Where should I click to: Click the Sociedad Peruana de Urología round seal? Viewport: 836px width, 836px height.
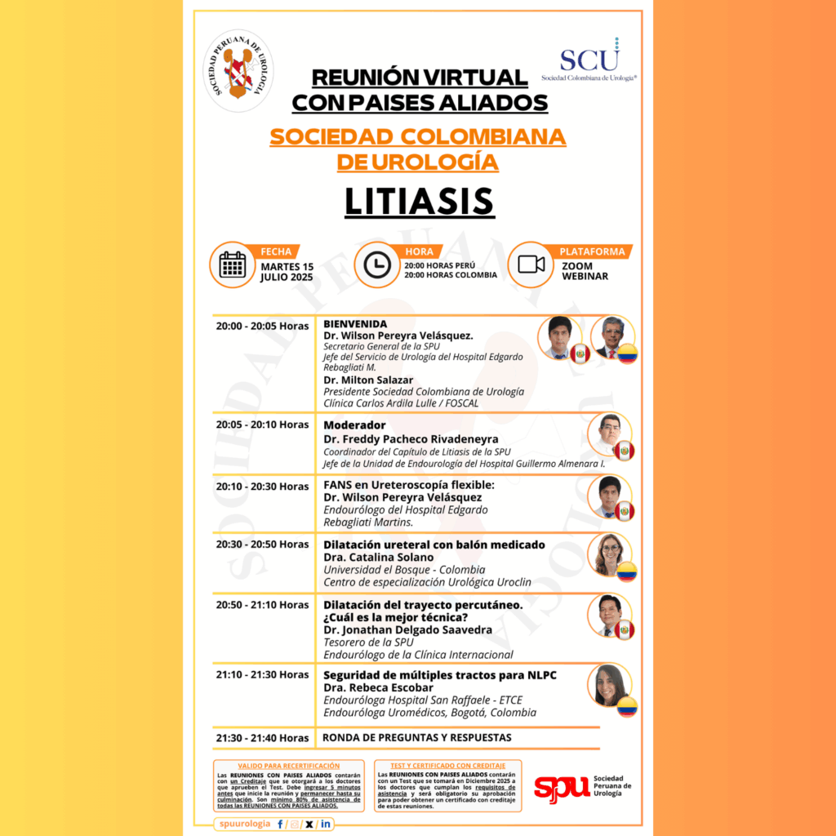[x=238, y=70]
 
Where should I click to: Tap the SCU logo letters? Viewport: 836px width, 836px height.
[x=589, y=60]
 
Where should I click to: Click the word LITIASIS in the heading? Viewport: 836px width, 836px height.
[x=418, y=202]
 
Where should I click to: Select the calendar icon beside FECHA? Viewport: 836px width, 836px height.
[x=233, y=265]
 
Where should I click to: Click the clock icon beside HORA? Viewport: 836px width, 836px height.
[x=376, y=265]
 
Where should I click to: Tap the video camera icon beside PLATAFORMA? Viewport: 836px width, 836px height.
[x=531, y=265]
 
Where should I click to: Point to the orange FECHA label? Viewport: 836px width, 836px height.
[x=275, y=251]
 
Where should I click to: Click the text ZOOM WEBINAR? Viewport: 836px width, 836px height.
[x=585, y=271]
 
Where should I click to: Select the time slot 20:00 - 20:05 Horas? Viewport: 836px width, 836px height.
[x=262, y=326]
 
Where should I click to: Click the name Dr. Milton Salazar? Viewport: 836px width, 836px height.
[x=367, y=380]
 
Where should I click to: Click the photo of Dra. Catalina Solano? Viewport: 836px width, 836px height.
[x=609, y=554]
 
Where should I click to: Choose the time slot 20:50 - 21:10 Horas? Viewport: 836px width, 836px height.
[x=262, y=605]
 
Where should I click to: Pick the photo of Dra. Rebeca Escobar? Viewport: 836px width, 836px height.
[x=609, y=684]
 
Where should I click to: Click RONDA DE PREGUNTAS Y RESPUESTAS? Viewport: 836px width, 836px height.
[x=417, y=737]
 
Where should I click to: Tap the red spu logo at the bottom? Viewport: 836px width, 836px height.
[x=562, y=787]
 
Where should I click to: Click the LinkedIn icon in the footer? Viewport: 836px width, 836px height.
[x=326, y=824]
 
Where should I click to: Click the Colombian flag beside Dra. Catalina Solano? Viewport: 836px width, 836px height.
[x=626, y=571]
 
